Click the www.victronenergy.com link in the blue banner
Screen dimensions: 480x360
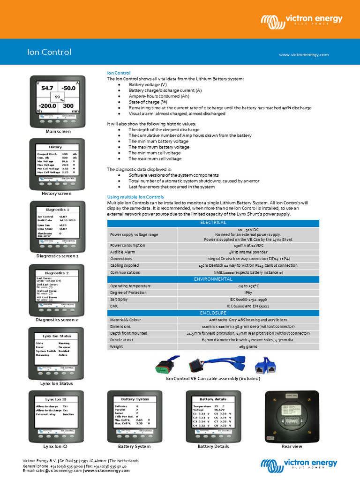[x=304, y=55]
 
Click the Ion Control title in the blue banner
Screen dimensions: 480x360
[x=49, y=52]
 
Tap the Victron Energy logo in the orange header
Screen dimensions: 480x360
[x=302, y=21]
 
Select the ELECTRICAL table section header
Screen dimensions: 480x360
[x=213, y=223]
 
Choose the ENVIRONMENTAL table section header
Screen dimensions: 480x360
[x=213, y=279]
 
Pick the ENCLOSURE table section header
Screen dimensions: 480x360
[x=213, y=313]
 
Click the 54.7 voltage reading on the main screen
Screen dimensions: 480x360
[x=47, y=88]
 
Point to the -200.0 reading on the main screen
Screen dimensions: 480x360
[x=47, y=106]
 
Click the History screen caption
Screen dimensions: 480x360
[x=56, y=194]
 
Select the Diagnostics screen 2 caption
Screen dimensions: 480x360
[x=57, y=320]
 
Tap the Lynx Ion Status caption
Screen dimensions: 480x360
[x=56, y=383]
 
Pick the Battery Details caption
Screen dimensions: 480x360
[x=213, y=446]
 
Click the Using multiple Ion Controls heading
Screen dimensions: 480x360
[x=135, y=197]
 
